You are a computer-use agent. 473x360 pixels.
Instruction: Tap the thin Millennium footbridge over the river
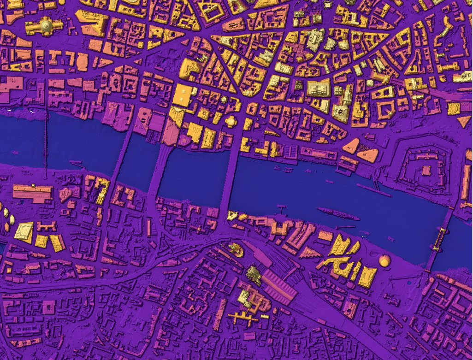click(x=46, y=143)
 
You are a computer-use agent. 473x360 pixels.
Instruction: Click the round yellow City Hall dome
click(x=384, y=261)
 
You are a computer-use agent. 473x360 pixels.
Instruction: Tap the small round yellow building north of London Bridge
click(x=231, y=121)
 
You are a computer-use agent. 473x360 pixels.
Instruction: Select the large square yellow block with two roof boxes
click(x=184, y=95)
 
